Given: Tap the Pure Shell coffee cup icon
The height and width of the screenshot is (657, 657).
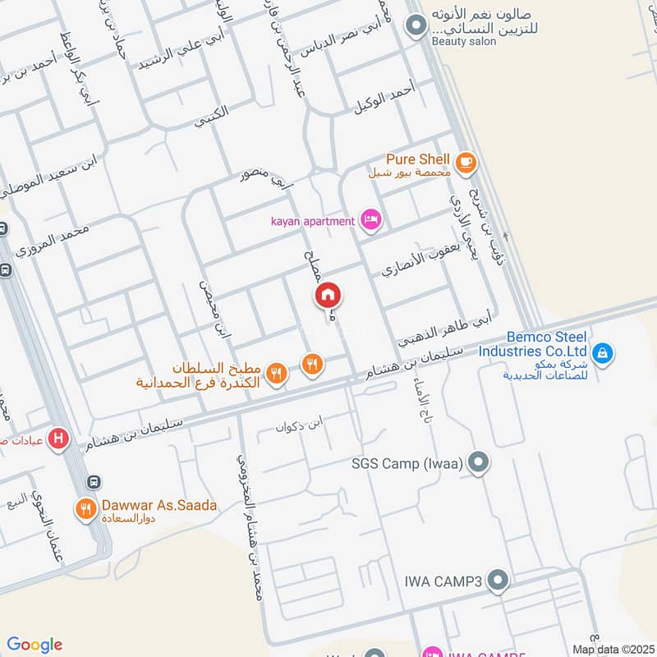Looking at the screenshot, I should coord(466,162).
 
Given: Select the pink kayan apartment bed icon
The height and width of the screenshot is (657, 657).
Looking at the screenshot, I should coord(371,219).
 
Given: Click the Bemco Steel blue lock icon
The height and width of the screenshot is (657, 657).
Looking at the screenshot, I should coord(603,354).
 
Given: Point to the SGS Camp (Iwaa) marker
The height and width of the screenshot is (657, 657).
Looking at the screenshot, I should coord(478,464).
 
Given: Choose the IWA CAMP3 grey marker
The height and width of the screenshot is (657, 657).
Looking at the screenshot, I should coord(496,582).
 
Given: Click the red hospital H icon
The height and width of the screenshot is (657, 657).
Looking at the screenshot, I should coord(58,439).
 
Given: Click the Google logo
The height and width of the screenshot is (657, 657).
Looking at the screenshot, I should coord(34,644).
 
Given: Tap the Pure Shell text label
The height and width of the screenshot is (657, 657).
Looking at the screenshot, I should coord(418,159).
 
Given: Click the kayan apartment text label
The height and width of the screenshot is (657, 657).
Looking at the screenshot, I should coord(314,220).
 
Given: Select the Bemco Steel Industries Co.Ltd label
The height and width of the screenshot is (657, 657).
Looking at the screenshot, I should coord(545,344).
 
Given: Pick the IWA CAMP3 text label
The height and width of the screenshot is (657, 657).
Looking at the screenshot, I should coord(442,582).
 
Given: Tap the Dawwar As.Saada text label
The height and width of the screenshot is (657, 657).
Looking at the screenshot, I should coord(159,505).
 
